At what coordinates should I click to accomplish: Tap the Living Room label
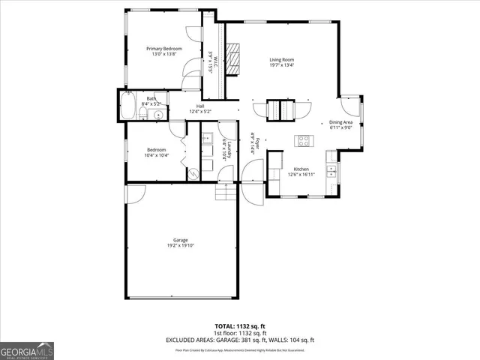tap(281, 59)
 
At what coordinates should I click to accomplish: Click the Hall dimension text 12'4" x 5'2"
tap(200, 112)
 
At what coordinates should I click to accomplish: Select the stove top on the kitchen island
tap(304, 139)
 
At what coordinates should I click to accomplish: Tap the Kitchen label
tap(301, 169)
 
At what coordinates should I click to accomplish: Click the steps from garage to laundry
tap(226, 193)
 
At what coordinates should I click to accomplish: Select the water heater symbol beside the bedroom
tap(193, 172)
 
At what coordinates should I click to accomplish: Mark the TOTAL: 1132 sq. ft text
tap(241, 325)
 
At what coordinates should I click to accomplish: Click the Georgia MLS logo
tap(27, 349)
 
